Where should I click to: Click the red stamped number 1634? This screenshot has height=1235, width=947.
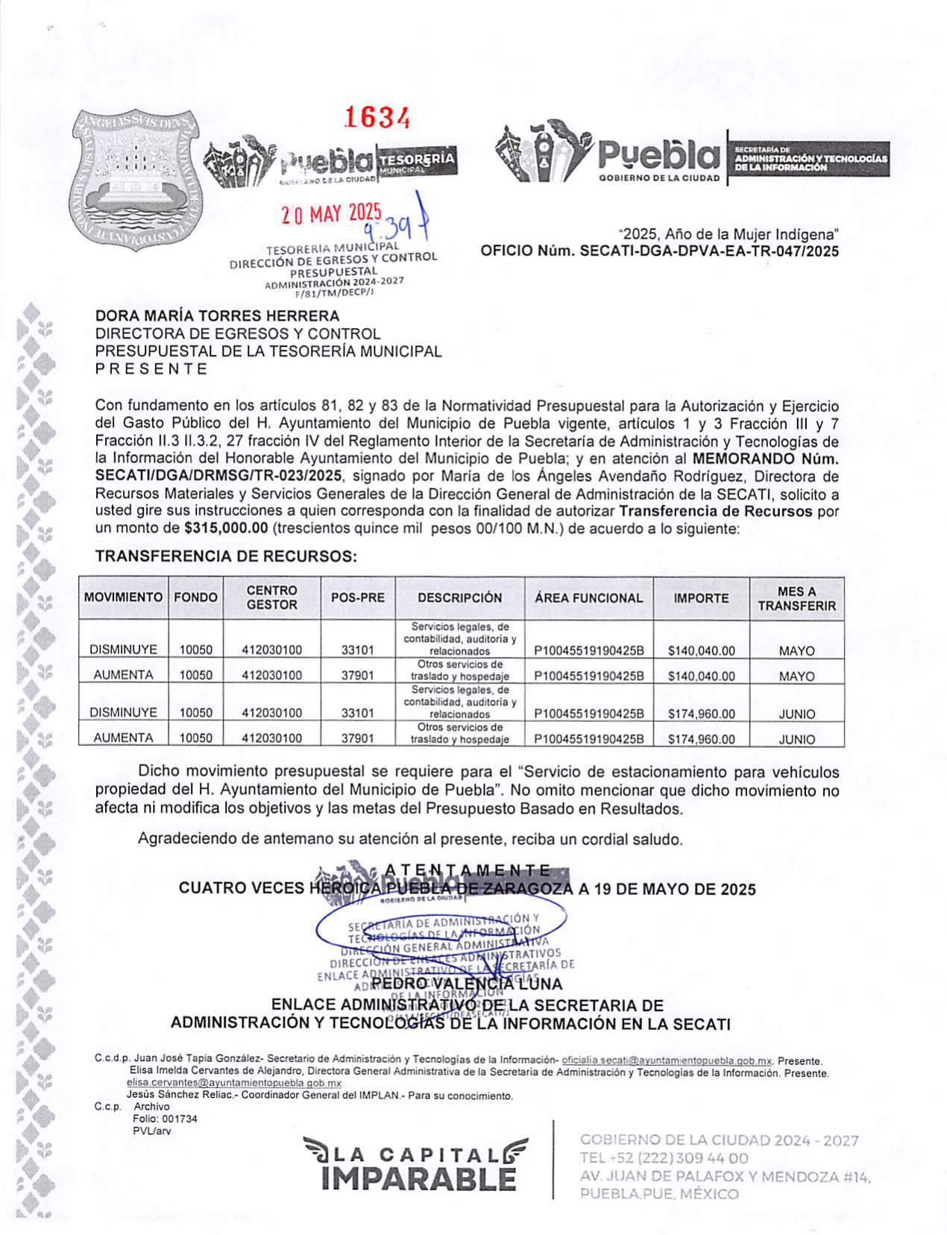[377, 117]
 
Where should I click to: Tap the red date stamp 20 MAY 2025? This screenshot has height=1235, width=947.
[331, 215]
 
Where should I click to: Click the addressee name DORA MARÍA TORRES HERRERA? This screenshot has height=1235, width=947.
[217, 316]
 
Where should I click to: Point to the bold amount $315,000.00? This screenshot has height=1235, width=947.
[226, 529]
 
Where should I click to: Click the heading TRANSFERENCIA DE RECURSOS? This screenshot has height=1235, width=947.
[226, 556]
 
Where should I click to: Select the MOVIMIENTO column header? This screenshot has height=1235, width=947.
[123, 598]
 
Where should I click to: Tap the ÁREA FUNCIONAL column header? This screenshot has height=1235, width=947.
[588, 598]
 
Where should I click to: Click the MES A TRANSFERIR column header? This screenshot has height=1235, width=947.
[796, 599]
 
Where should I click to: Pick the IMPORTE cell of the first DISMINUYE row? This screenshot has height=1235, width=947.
[701, 650]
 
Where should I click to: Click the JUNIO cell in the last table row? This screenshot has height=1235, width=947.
[796, 739]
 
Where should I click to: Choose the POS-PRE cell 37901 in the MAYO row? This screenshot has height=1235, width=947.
[358, 676]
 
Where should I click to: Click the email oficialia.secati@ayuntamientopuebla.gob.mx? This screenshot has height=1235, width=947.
[667, 1060]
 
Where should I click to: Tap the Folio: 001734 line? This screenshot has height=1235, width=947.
[165, 1119]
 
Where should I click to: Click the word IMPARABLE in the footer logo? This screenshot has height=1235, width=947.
[418, 1179]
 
